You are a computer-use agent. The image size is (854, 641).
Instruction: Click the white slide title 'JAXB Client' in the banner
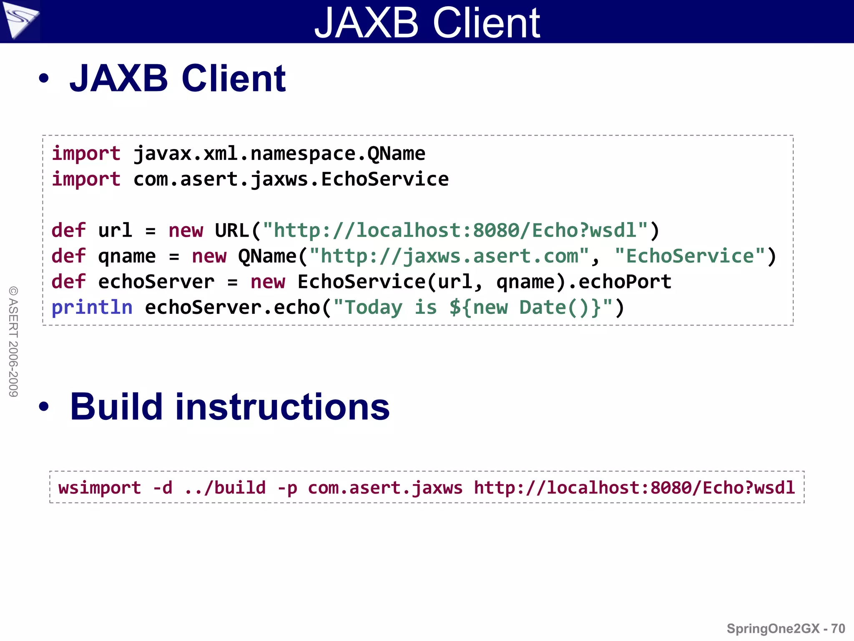[427, 23]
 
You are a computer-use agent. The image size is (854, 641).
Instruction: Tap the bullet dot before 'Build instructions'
[44, 406]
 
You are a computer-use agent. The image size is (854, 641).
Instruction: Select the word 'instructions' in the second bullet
[282, 407]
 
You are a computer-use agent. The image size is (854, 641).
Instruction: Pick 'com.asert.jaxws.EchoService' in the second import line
[291, 179]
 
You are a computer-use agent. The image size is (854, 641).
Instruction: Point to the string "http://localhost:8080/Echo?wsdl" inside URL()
[455, 230]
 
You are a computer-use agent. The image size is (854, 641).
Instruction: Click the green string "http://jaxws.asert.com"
[449, 256]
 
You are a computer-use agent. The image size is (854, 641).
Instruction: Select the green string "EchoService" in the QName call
[690, 256]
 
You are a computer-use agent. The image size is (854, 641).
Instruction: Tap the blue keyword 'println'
[92, 308]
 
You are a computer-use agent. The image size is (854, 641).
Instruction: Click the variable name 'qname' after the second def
[127, 256]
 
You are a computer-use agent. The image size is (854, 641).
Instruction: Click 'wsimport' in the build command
[100, 488]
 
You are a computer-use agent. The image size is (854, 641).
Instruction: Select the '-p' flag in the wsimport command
[287, 488]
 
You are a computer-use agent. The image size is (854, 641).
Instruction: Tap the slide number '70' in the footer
[838, 628]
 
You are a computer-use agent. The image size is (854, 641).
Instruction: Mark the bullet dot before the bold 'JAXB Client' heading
[44, 78]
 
